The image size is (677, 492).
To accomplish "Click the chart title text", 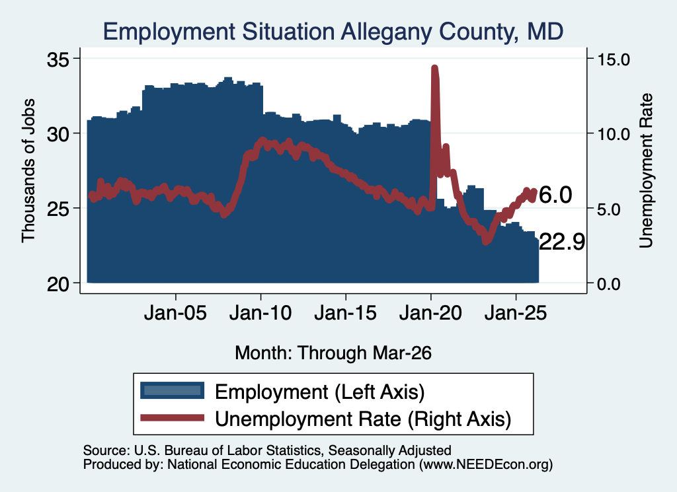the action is pyautogui.click(x=333, y=32).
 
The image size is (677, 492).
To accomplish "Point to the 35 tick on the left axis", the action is pyautogui.click(x=58, y=59).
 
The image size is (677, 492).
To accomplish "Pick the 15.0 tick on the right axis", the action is pyautogui.click(x=614, y=59).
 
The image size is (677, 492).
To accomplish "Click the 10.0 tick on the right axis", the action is pyautogui.click(x=614, y=134).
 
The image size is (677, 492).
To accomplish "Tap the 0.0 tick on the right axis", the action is pyautogui.click(x=609, y=284).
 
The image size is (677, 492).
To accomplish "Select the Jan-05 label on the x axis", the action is pyautogui.click(x=175, y=313).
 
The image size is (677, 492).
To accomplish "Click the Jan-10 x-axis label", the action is pyautogui.click(x=260, y=313).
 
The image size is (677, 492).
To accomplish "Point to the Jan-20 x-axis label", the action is pyautogui.click(x=430, y=313).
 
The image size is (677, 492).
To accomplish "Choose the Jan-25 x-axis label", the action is pyautogui.click(x=516, y=313).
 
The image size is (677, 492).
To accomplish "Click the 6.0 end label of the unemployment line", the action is pyautogui.click(x=555, y=195).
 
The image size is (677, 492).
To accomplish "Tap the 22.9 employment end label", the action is pyautogui.click(x=562, y=242).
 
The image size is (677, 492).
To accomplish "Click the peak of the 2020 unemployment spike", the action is pyautogui.click(x=435, y=68).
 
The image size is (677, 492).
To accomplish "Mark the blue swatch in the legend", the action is pyautogui.click(x=173, y=390).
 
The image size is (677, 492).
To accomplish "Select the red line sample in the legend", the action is pyautogui.click(x=173, y=417).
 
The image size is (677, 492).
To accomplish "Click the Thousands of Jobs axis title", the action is pyautogui.click(x=28, y=170).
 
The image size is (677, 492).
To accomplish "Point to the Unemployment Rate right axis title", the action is pyautogui.click(x=646, y=171).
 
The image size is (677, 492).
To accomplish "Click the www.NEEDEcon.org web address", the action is pyautogui.click(x=486, y=464).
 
